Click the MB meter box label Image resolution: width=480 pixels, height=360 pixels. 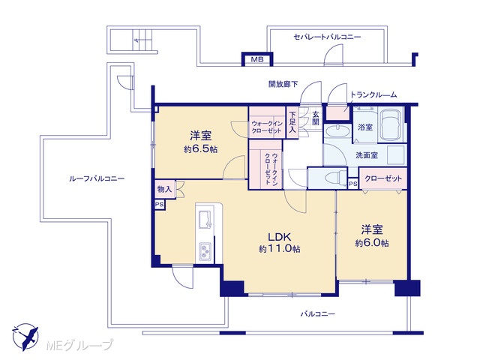pos(257,59)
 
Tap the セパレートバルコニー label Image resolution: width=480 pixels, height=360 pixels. pos(327,37)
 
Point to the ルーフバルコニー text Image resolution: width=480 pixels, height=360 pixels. pos(97,178)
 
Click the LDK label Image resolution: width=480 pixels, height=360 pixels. pos(279,237)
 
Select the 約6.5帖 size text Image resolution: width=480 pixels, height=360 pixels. pos(201,149)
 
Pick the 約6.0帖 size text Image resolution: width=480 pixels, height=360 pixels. pos(372,243)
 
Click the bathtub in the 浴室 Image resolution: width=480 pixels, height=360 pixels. pos(389,124)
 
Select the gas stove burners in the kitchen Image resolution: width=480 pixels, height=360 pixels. pos(205,251)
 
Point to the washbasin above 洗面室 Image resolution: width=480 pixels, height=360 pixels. pos(337,132)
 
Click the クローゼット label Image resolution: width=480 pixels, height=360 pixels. pos(383,178)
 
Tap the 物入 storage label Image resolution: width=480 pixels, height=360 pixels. pos(164,189)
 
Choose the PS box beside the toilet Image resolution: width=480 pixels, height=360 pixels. pos(353,184)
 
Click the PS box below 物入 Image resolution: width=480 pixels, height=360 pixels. pos(160,205)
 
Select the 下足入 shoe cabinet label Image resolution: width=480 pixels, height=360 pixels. pos(292,121)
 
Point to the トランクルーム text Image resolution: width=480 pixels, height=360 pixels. pos(373,95)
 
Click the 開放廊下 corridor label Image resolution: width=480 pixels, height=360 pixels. pos(283,84)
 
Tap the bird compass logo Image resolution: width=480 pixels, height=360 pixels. pos(25,337)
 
